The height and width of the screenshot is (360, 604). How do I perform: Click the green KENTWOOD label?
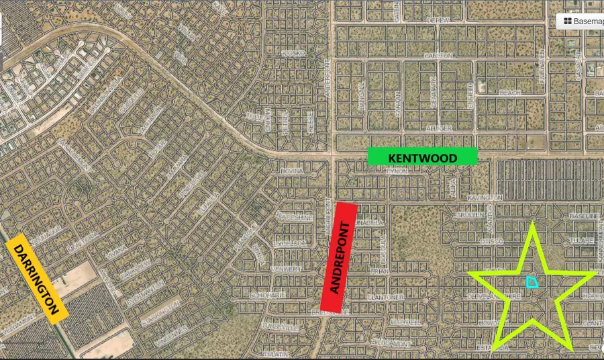point(422,157)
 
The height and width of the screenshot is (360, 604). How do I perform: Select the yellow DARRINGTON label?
point(38,276)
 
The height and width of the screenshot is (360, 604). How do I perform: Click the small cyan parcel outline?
point(532,282)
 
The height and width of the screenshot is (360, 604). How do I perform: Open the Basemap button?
point(581,21)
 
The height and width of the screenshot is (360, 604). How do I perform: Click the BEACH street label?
point(510,92)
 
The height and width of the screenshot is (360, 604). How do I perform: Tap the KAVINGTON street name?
point(485,197)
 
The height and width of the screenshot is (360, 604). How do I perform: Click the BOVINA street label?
point(293,171)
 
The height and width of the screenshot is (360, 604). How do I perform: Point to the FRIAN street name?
point(379,271)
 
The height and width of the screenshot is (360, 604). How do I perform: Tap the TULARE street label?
point(578,240)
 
